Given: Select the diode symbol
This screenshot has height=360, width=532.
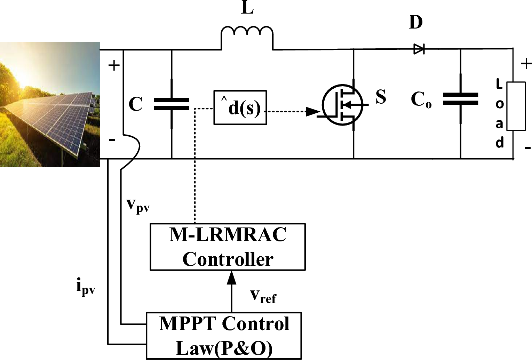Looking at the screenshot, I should [x=419, y=49].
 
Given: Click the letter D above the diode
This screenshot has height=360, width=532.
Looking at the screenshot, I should [x=416, y=22].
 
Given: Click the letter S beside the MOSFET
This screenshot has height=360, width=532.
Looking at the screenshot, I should [x=381, y=97].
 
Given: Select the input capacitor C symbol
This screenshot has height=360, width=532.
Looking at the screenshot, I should [x=172, y=104].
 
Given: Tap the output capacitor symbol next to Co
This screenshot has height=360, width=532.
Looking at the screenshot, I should [x=460, y=99].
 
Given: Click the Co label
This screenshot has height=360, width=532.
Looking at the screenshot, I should [x=421, y=100].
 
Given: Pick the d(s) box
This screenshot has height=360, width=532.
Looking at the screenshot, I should [x=240, y=107].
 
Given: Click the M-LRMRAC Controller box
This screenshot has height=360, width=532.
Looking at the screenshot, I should [x=228, y=247].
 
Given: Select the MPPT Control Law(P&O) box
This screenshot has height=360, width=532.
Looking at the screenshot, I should [x=223, y=336].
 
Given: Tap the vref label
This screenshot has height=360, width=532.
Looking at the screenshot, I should [x=263, y=296].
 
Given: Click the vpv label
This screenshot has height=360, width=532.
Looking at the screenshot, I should [x=138, y=205].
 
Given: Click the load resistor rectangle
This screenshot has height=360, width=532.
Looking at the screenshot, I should [x=516, y=106].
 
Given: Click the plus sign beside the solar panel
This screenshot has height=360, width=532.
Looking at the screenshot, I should [x=114, y=65].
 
